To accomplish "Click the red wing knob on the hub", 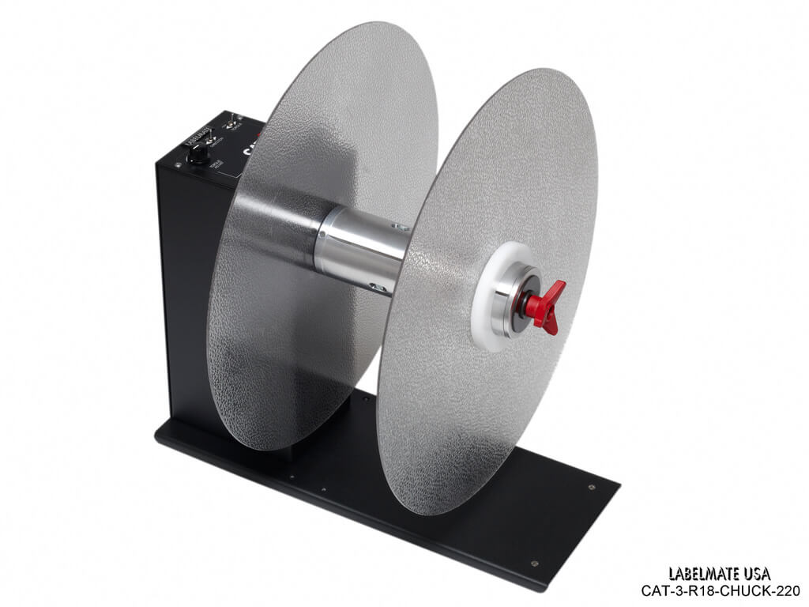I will click(x=546, y=301).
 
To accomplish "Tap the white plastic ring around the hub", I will click(x=484, y=316).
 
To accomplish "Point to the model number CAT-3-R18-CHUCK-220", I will click(x=720, y=590).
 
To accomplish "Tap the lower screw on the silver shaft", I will click(x=382, y=288).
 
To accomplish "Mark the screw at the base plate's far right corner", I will click(x=592, y=487).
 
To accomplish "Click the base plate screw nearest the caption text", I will click(x=534, y=563).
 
